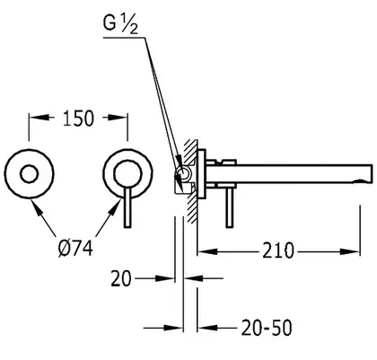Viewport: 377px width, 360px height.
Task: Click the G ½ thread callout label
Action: [x=120, y=25]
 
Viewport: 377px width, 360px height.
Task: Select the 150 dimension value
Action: [x=78, y=119]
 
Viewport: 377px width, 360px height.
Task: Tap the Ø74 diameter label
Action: [x=75, y=249]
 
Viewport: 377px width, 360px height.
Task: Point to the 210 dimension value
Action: [x=278, y=250]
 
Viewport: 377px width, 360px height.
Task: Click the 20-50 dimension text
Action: [x=267, y=328]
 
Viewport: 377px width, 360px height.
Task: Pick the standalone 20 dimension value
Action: [x=121, y=278]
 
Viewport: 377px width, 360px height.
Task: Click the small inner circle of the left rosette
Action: [x=29, y=174]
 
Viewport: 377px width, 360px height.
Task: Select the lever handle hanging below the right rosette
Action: [x=127, y=207]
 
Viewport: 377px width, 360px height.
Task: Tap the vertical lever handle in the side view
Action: [x=230, y=207]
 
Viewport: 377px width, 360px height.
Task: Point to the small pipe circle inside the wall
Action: [x=182, y=173]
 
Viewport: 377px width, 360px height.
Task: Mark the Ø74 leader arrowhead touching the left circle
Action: [x=37, y=207]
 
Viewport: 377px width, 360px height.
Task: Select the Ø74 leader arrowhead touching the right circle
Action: [x=115, y=207]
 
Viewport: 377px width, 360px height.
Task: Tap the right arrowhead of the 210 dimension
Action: [x=350, y=251]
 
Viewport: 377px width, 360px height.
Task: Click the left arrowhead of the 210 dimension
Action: [x=207, y=251]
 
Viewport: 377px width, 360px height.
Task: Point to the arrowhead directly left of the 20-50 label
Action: [x=207, y=329]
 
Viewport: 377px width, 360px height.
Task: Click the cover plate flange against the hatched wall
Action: [x=201, y=173]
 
